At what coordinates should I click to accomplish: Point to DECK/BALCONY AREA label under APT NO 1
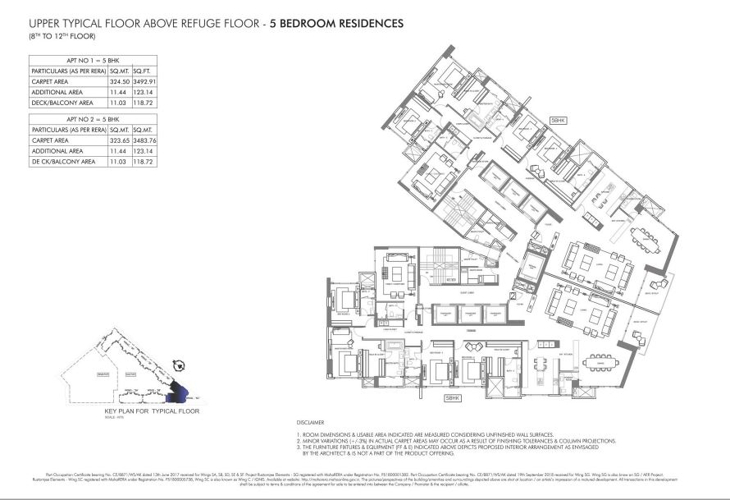click(62, 103)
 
